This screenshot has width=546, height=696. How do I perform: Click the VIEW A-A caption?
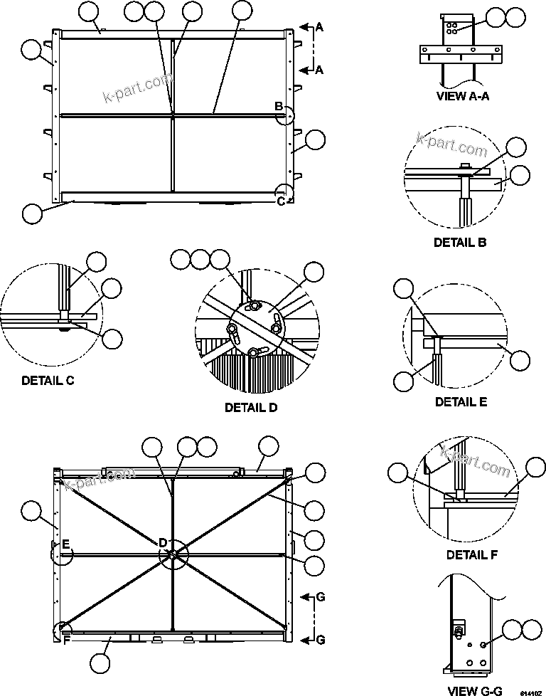(463, 97)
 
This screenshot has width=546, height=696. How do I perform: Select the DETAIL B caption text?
(460, 243)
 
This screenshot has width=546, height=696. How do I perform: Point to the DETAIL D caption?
(251, 408)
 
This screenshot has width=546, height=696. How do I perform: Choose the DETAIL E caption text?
(461, 402)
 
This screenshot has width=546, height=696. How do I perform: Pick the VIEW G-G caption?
(475, 690)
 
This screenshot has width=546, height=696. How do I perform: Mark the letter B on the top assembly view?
(279, 107)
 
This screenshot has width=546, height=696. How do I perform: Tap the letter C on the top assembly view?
(281, 201)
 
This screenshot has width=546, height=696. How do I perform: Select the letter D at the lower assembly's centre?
(163, 543)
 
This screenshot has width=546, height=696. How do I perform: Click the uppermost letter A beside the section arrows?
(319, 27)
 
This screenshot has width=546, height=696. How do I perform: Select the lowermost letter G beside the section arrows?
(320, 640)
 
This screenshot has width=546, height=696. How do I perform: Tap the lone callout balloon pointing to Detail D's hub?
(314, 271)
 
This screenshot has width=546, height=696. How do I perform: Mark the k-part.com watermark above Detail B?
(452, 146)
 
